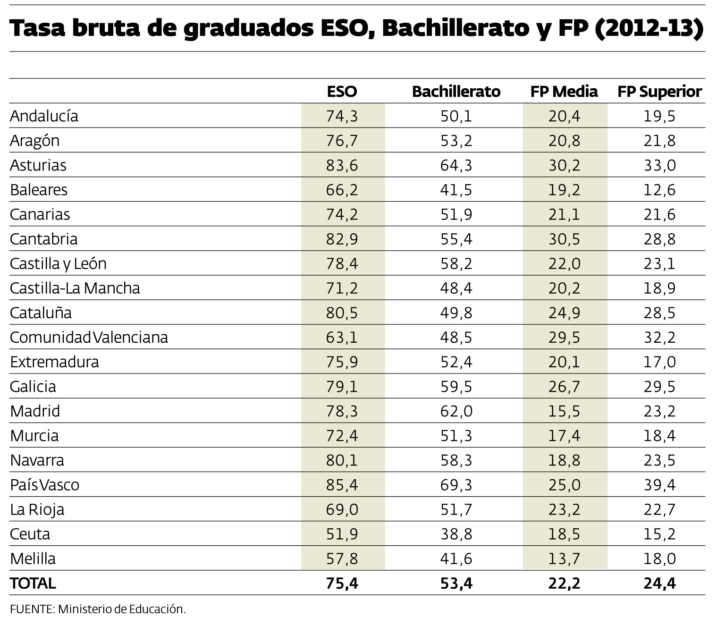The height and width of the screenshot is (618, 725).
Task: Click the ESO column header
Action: tap(342, 91)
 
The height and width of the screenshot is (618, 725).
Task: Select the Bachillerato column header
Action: tap(456, 91)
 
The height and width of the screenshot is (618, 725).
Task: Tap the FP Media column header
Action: tap(564, 91)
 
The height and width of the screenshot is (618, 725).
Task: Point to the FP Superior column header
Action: tap(659, 91)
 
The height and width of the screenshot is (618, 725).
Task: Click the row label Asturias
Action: tap(38, 165)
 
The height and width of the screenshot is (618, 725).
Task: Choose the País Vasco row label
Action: tap(44, 485)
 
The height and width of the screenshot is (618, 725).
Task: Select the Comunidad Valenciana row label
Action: tap(89, 337)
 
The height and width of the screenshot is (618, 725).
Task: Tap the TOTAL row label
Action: tap(33, 583)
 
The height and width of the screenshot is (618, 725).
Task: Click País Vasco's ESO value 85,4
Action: tap(342, 485)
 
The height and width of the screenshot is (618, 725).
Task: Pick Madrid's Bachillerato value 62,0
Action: tap(456, 411)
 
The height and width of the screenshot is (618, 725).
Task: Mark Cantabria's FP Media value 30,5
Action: tap(564, 239)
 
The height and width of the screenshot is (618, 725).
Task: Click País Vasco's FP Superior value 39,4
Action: tap(659, 485)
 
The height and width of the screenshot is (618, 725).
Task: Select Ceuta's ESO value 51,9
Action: tap(342, 534)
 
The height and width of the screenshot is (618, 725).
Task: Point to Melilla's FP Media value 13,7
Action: tap(564, 559)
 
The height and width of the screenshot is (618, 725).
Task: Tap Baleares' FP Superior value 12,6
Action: tap(659, 190)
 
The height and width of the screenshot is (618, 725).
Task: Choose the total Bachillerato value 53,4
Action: tap(456, 584)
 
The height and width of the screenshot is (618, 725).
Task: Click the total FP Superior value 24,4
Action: tap(659, 584)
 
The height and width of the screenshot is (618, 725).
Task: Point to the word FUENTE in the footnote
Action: tap(31, 609)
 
